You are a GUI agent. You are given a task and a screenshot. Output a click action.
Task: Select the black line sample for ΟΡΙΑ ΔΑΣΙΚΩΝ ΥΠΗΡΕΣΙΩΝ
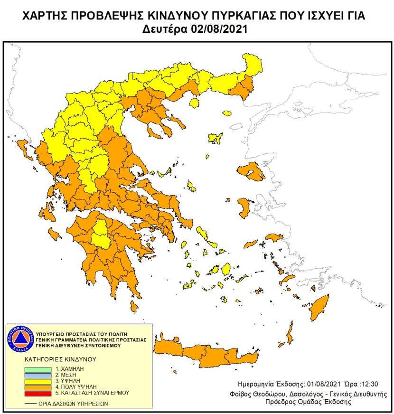31,404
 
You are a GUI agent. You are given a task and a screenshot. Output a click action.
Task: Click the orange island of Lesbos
251,171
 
